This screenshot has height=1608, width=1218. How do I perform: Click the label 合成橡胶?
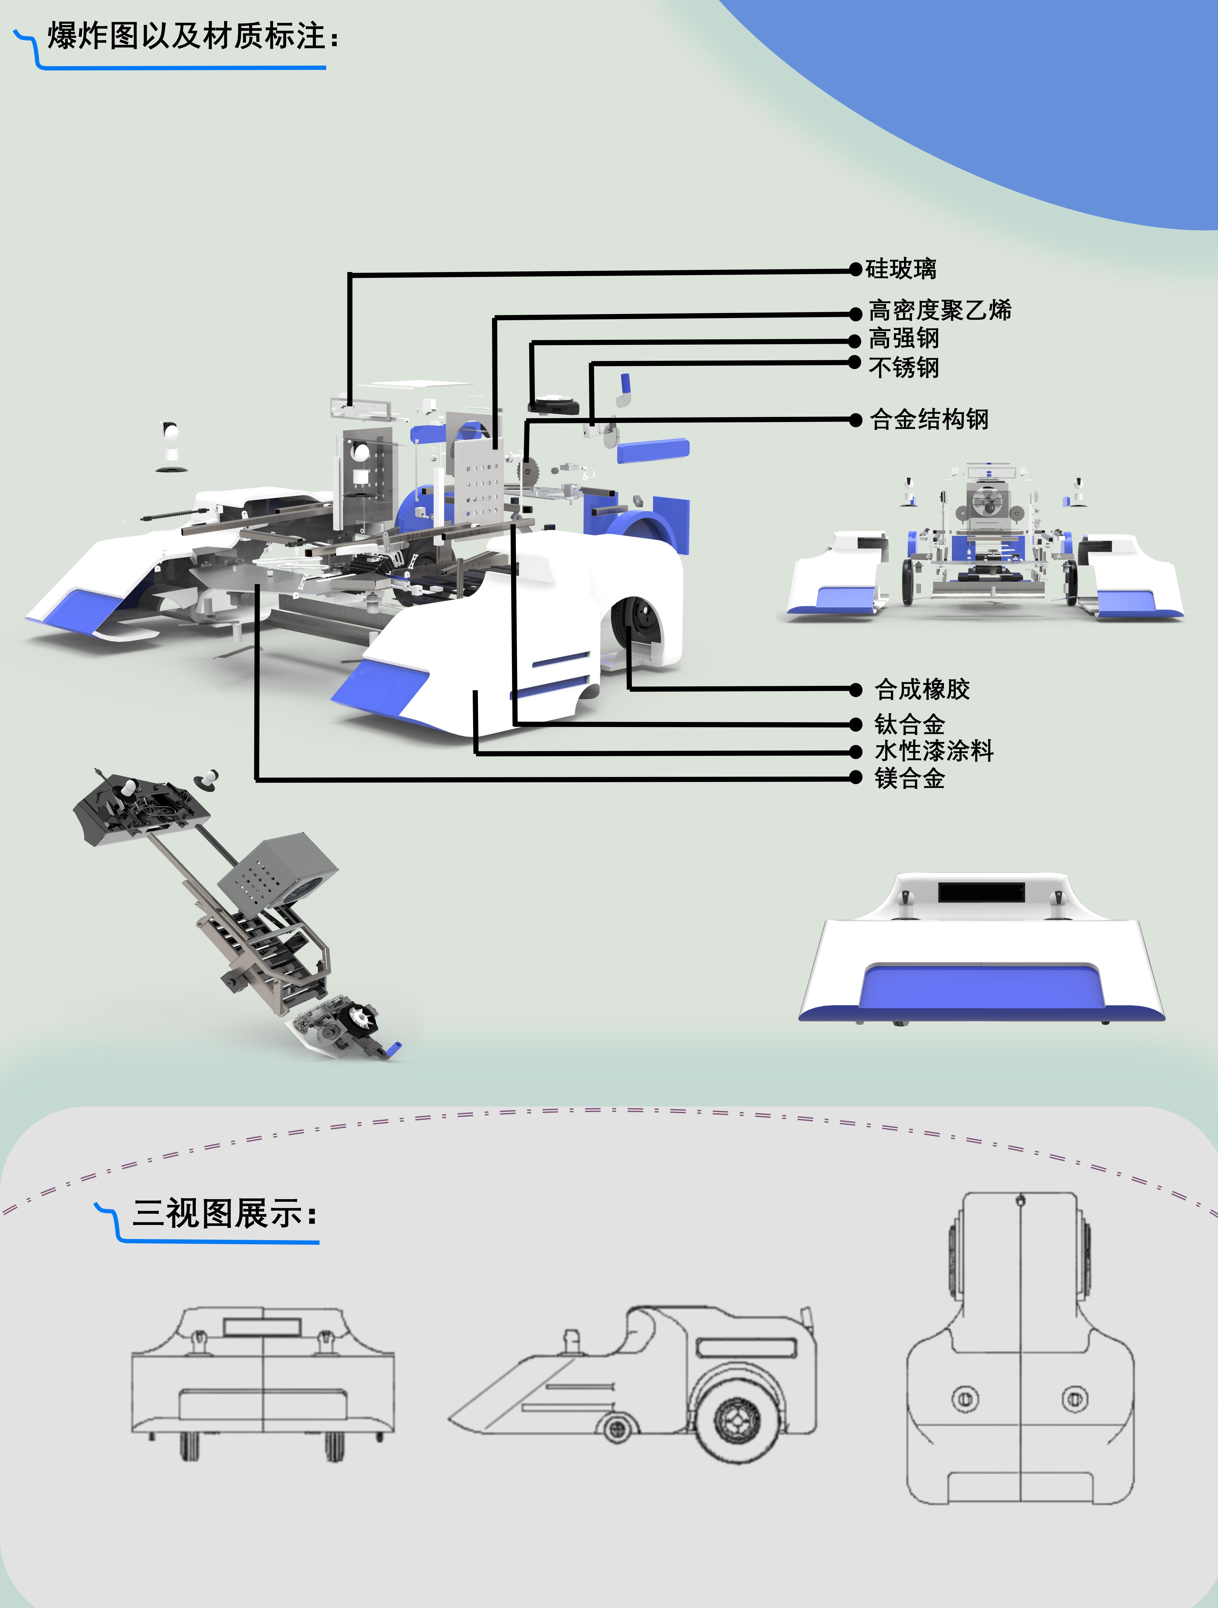[922, 689]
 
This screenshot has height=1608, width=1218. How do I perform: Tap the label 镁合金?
[909, 779]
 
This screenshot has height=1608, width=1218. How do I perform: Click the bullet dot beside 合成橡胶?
[855, 689]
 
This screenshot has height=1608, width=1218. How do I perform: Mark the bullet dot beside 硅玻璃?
[855, 269]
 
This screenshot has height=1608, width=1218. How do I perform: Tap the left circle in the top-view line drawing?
[965, 1398]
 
